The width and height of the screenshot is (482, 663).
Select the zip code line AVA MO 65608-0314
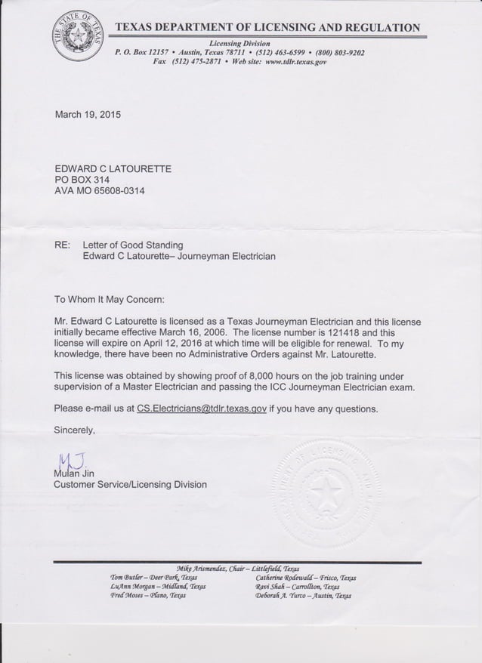pos(100,192)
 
